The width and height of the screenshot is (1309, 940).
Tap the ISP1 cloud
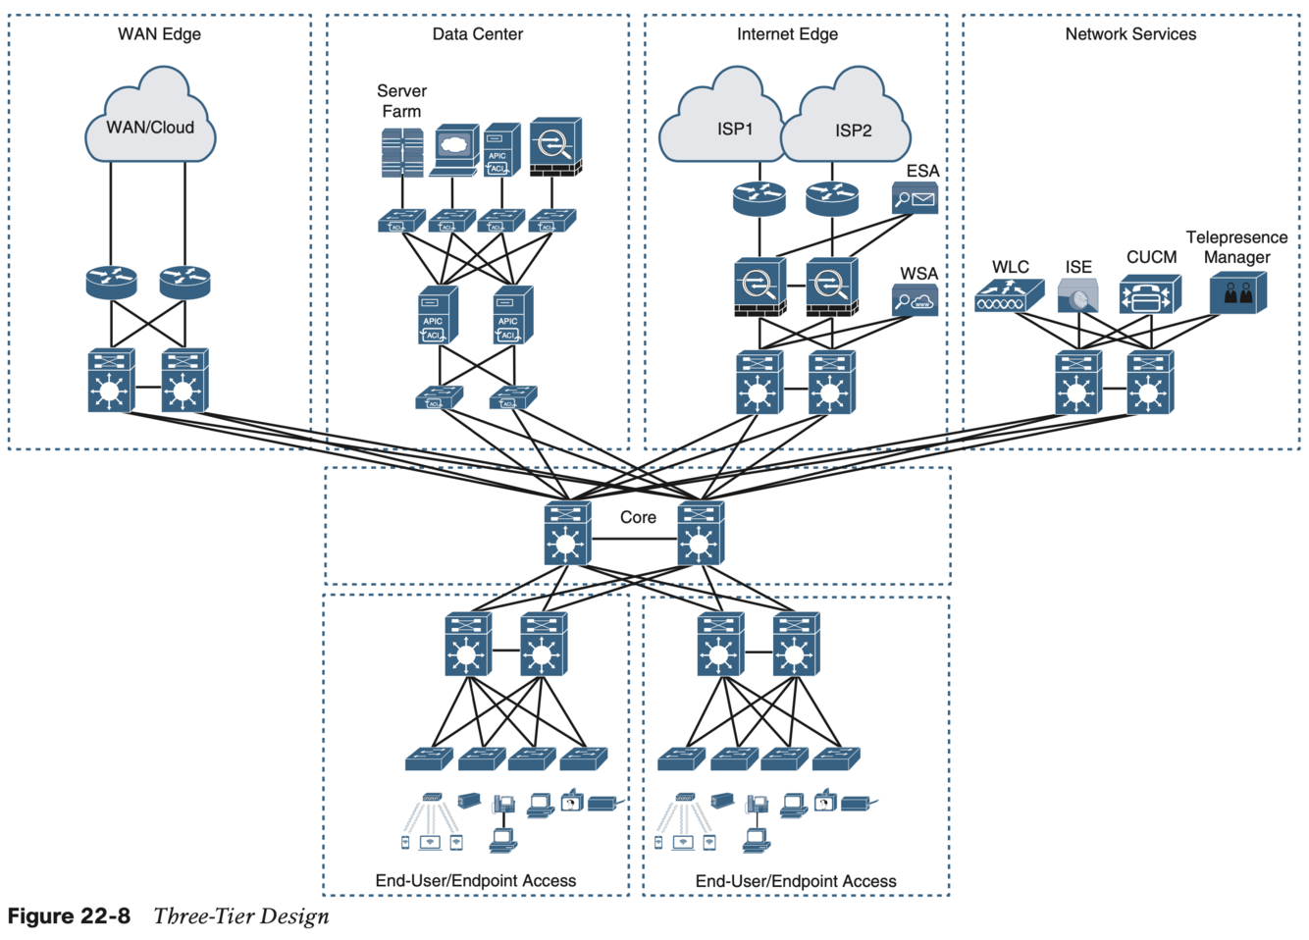coord(723,123)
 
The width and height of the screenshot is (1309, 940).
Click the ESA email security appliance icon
coord(915,198)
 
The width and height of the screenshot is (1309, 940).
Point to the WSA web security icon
coord(915,300)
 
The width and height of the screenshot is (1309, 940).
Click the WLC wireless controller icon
coord(1009,295)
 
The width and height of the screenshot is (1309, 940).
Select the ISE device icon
coord(1077,295)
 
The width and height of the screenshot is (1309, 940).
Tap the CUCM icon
coord(1150,294)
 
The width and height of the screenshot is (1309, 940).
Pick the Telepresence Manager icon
coord(1237,293)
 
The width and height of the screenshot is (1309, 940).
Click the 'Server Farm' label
coord(401,101)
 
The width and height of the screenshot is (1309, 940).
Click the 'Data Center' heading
coord(478,34)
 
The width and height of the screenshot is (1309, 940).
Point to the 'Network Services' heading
coord(1130,34)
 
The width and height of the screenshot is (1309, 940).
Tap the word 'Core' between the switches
coord(638,517)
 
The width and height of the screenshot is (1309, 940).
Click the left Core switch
coord(567,534)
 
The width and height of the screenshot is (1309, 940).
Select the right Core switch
coord(701,534)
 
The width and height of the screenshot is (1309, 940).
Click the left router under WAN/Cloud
coord(111,283)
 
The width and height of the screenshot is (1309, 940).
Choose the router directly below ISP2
coord(832,198)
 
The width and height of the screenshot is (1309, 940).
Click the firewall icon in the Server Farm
coord(555,147)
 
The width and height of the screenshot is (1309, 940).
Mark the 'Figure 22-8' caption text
coord(69,916)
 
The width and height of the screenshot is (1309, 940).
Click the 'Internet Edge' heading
coord(787,34)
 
